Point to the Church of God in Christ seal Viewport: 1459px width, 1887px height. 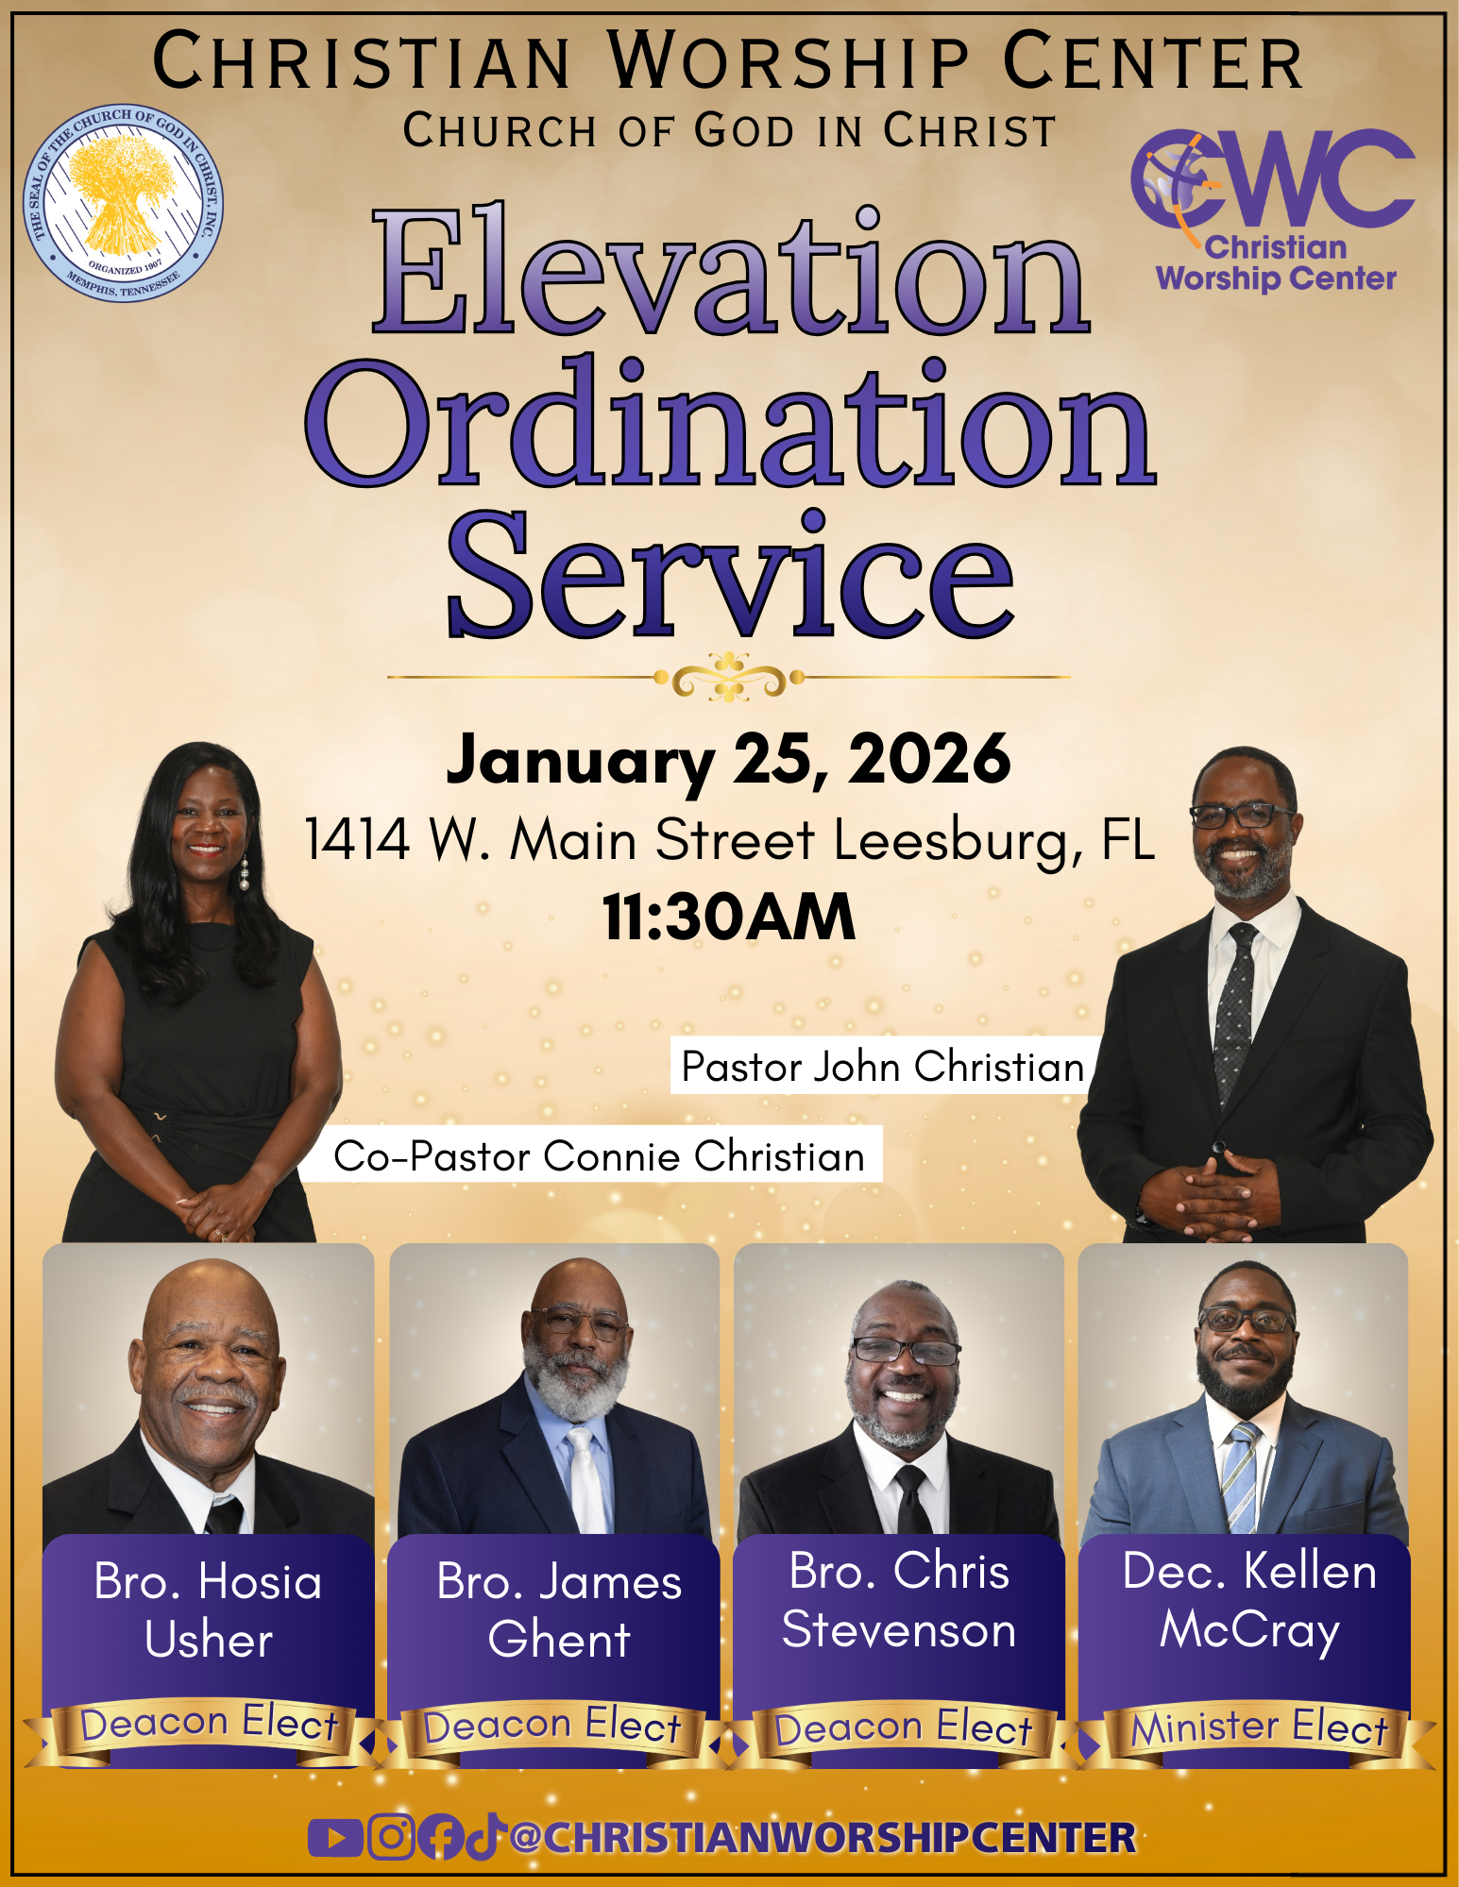click(123, 203)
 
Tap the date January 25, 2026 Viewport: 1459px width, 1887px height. click(728, 761)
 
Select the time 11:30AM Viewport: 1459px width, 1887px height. click(728, 918)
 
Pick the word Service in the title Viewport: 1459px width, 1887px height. click(730, 576)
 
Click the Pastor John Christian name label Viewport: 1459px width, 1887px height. click(882, 1067)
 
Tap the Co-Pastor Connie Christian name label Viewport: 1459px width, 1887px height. click(599, 1155)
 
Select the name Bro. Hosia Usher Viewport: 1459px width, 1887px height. click(209, 1610)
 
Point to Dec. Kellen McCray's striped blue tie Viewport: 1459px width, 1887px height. click(1241, 1477)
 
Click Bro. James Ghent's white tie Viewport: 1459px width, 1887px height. click(585, 1482)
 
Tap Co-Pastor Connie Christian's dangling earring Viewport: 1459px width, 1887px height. click(245, 873)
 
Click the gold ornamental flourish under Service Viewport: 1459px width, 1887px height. click(728, 677)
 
